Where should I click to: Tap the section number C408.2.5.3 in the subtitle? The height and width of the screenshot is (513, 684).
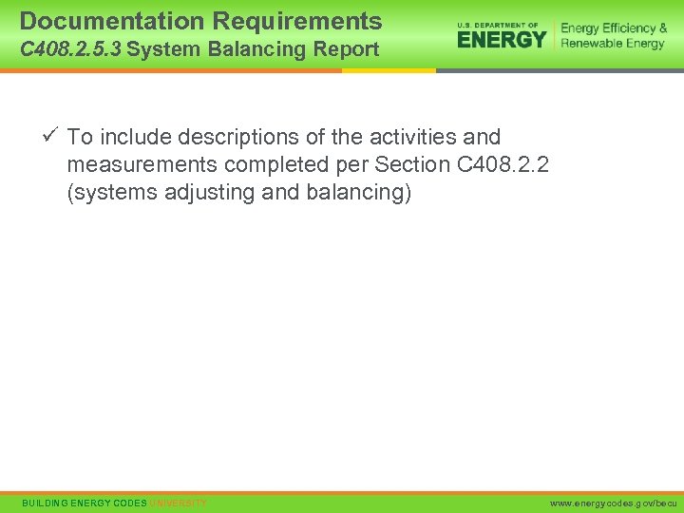point(69,49)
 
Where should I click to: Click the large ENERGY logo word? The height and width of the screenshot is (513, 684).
point(502,39)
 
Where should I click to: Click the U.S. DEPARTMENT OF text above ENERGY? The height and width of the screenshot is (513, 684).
point(498,25)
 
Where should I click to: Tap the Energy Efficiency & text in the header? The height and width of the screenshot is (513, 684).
point(614,28)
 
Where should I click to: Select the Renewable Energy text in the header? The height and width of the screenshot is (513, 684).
point(613,44)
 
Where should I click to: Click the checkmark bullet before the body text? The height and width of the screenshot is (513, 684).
point(51,136)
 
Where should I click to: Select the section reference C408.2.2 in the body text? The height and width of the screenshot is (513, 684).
point(503,164)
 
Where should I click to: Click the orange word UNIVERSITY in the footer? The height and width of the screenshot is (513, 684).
point(178,502)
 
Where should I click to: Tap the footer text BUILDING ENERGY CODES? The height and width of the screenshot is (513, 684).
point(85,502)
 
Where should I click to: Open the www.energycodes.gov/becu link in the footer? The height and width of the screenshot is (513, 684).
point(613,502)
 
